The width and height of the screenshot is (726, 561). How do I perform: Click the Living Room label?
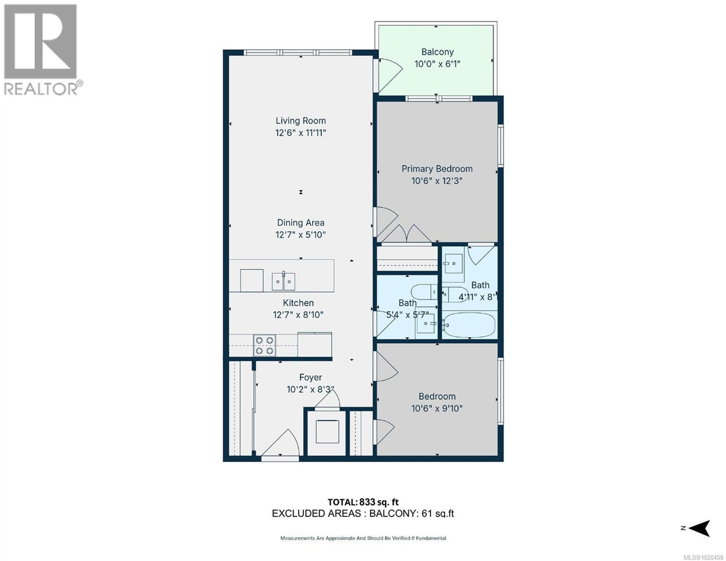click(300, 121)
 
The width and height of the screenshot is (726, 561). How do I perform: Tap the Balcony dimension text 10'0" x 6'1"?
click(437, 64)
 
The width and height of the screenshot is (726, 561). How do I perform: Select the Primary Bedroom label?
click(437, 169)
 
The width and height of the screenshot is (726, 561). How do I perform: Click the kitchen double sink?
click(283, 281)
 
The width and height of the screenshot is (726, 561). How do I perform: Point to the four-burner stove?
click(264, 345)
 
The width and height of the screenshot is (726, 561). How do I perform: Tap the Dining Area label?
click(300, 223)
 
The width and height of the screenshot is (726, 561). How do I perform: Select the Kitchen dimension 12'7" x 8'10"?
click(298, 315)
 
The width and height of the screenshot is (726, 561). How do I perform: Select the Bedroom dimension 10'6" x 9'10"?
click(437, 408)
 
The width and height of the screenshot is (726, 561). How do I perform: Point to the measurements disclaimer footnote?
click(363, 538)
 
